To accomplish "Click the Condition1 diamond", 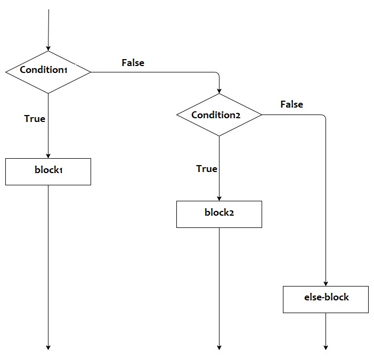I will point(48,71).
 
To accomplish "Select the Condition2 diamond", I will point(219,115).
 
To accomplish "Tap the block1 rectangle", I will point(48,171).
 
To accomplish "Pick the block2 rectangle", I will point(219,214).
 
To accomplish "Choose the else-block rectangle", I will point(326,299).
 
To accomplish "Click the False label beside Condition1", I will point(133,62).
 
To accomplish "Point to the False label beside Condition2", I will point(291,104).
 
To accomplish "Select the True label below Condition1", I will point(35,119).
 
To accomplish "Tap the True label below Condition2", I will point(207,169).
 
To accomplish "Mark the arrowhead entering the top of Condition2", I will point(219,91).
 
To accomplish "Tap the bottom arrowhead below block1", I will point(48,347).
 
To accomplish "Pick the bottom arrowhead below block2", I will point(219,347).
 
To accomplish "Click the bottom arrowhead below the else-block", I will point(326,347).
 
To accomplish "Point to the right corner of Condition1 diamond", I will point(91,72).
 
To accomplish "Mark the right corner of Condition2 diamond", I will point(262,115).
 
